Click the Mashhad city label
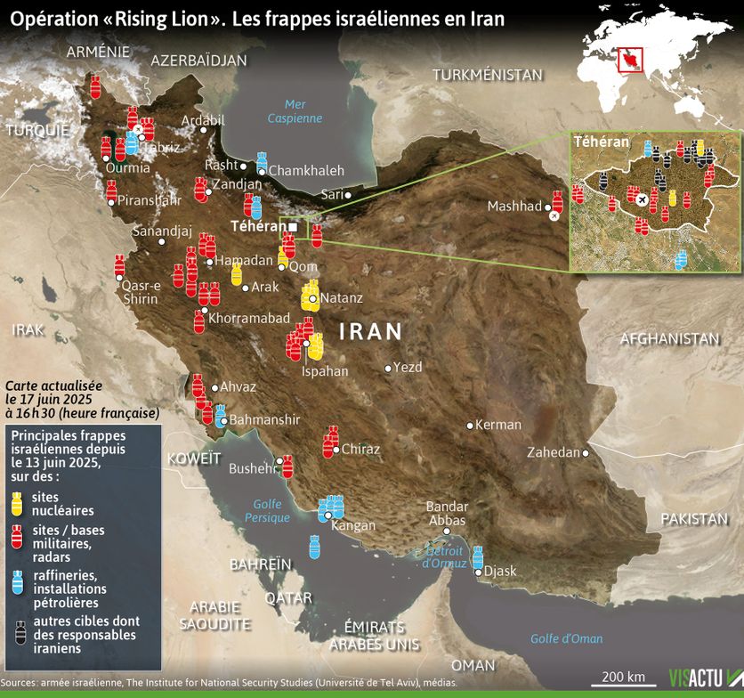coord(514,207)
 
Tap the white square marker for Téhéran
coord(293,227)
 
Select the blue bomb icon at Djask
coord(478,557)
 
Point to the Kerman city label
coord(497,425)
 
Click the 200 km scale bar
coord(623,684)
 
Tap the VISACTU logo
coord(699,678)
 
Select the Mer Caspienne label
coord(295,111)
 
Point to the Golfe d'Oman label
coord(566,638)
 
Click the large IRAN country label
coord(371,332)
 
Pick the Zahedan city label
coord(553,452)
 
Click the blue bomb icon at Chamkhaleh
coord(262,162)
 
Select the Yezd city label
coord(408,367)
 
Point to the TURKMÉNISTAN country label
coord(488,75)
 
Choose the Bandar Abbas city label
coord(447,513)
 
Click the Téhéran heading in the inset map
coord(602,142)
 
